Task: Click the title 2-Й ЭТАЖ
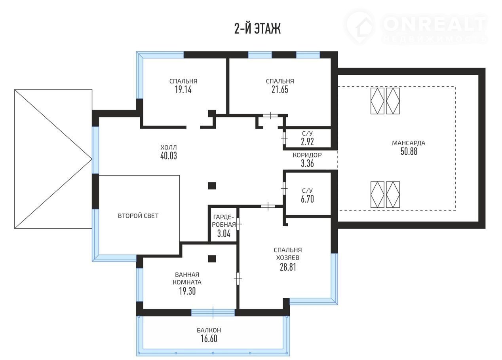[257, 28]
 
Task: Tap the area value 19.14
[183, 89]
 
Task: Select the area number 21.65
[280, 89]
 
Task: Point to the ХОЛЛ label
[169, 147]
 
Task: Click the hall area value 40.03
[169, 155]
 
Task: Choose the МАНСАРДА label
[409, 143]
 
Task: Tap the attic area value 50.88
[409, 152]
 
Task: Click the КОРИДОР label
[307, 155]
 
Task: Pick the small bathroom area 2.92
[307, 142]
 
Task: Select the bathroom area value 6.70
[307, 199]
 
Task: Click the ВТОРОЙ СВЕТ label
[138, 216]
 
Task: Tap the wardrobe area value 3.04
[224, 234]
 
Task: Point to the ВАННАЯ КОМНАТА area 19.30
[187, 291]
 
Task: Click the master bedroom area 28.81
[288, 267]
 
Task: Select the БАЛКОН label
[209, 330]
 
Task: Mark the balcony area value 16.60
[209, 339]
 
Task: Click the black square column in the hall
[212, 186]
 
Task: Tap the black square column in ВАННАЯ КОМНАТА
[212, 259]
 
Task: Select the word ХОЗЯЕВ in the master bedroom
[287, 258]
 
